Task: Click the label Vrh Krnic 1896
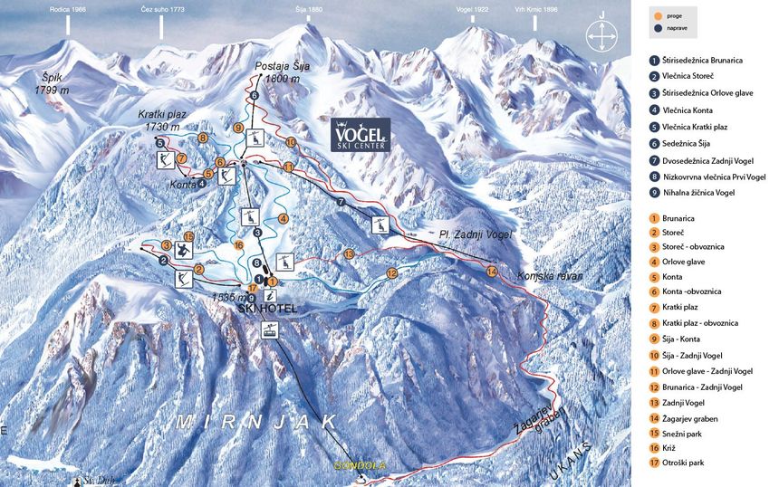535,9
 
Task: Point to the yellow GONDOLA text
360,465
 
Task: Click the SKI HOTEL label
267,308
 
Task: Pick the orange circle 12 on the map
391,272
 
